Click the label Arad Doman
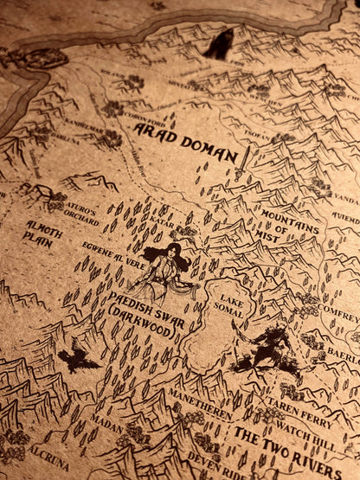coord(185,143)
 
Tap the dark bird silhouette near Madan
coord(78,356)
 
